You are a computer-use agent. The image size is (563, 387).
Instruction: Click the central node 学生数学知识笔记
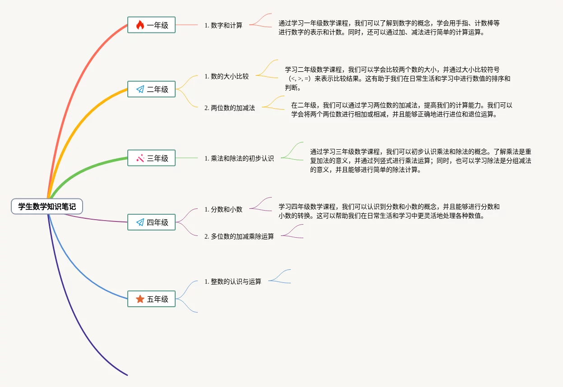click(47, 207)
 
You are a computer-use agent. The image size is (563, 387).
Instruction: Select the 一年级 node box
click(151, 25)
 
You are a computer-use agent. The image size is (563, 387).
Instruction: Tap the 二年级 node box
click(151, 89)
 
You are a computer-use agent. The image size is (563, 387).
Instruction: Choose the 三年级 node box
click(151, 158)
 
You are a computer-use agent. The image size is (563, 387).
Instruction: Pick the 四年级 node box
click(151, 222)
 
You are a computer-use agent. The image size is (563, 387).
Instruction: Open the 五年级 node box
click(151, 299)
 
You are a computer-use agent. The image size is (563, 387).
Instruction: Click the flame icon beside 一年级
click(140, 25)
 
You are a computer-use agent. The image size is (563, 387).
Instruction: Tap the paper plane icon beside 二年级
click(140, 89)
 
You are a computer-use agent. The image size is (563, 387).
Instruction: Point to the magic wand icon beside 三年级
click(140, 158)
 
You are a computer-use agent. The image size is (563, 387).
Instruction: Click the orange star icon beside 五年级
click(140, 299)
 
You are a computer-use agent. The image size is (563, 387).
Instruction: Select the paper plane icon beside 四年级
click(140, 222)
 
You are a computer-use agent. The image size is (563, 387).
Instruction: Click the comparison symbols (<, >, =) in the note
click(299, 78)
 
